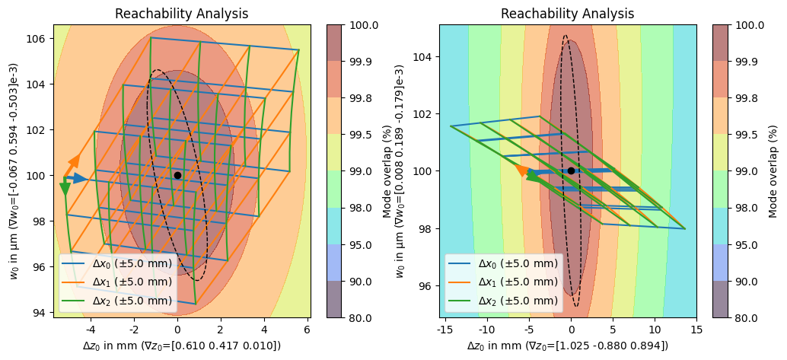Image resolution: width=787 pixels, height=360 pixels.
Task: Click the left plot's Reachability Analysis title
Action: tap(181, 14)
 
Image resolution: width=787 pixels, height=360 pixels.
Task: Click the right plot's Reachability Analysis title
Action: tap(567, 14)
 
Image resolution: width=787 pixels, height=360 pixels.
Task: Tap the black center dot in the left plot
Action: tap(177, 175)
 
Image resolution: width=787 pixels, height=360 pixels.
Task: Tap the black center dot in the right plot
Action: tap(571, 170)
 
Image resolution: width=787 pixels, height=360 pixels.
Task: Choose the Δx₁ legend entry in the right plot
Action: tap(518, 282)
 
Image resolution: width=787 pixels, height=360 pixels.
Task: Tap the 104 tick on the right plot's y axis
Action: tap(425, 57)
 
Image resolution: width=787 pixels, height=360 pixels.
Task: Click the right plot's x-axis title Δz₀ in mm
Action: tap(567, 346)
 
